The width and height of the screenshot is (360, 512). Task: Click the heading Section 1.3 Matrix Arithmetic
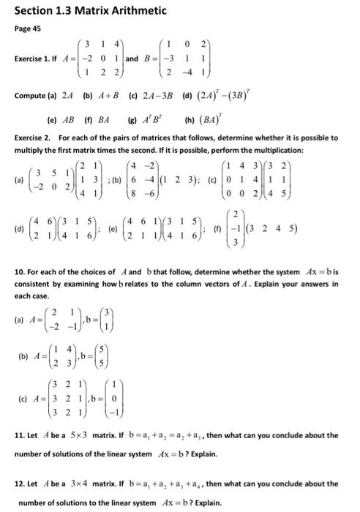click(x=83, y=10)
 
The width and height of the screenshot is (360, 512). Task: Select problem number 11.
click(x=20, y=435)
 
